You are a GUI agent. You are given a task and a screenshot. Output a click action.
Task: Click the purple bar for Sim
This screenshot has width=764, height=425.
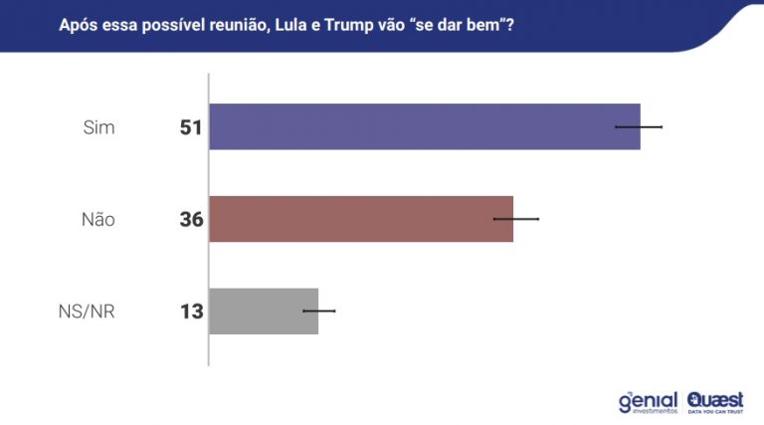(424, 126)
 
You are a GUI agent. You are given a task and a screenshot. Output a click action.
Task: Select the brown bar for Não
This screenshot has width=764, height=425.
(360, 219)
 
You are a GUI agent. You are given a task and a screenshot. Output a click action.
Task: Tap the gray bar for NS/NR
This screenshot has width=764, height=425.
(263, 311)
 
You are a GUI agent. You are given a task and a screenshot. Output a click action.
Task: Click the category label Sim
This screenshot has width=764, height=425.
(100, 127)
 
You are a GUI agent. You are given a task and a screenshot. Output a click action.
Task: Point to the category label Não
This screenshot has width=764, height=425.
(97, 220)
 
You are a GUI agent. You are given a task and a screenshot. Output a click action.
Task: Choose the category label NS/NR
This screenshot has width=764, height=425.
(87, 312)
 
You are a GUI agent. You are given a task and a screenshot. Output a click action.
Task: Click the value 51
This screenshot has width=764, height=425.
(191, 127)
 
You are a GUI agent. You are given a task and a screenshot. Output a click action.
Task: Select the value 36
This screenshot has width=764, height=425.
(191, 220)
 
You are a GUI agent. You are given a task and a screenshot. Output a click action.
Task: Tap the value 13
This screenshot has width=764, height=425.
(191, 312)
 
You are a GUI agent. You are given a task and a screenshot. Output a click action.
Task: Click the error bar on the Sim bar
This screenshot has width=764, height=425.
(639, 127)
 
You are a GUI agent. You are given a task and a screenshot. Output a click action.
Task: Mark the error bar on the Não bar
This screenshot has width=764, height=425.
(515, 219)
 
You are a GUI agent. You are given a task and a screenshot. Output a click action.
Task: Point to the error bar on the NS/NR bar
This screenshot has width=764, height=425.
(318, 312)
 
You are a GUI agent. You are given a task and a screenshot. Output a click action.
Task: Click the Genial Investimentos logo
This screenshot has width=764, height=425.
(648, 401)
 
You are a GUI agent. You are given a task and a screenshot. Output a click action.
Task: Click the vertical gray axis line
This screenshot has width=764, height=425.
(208, 219)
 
